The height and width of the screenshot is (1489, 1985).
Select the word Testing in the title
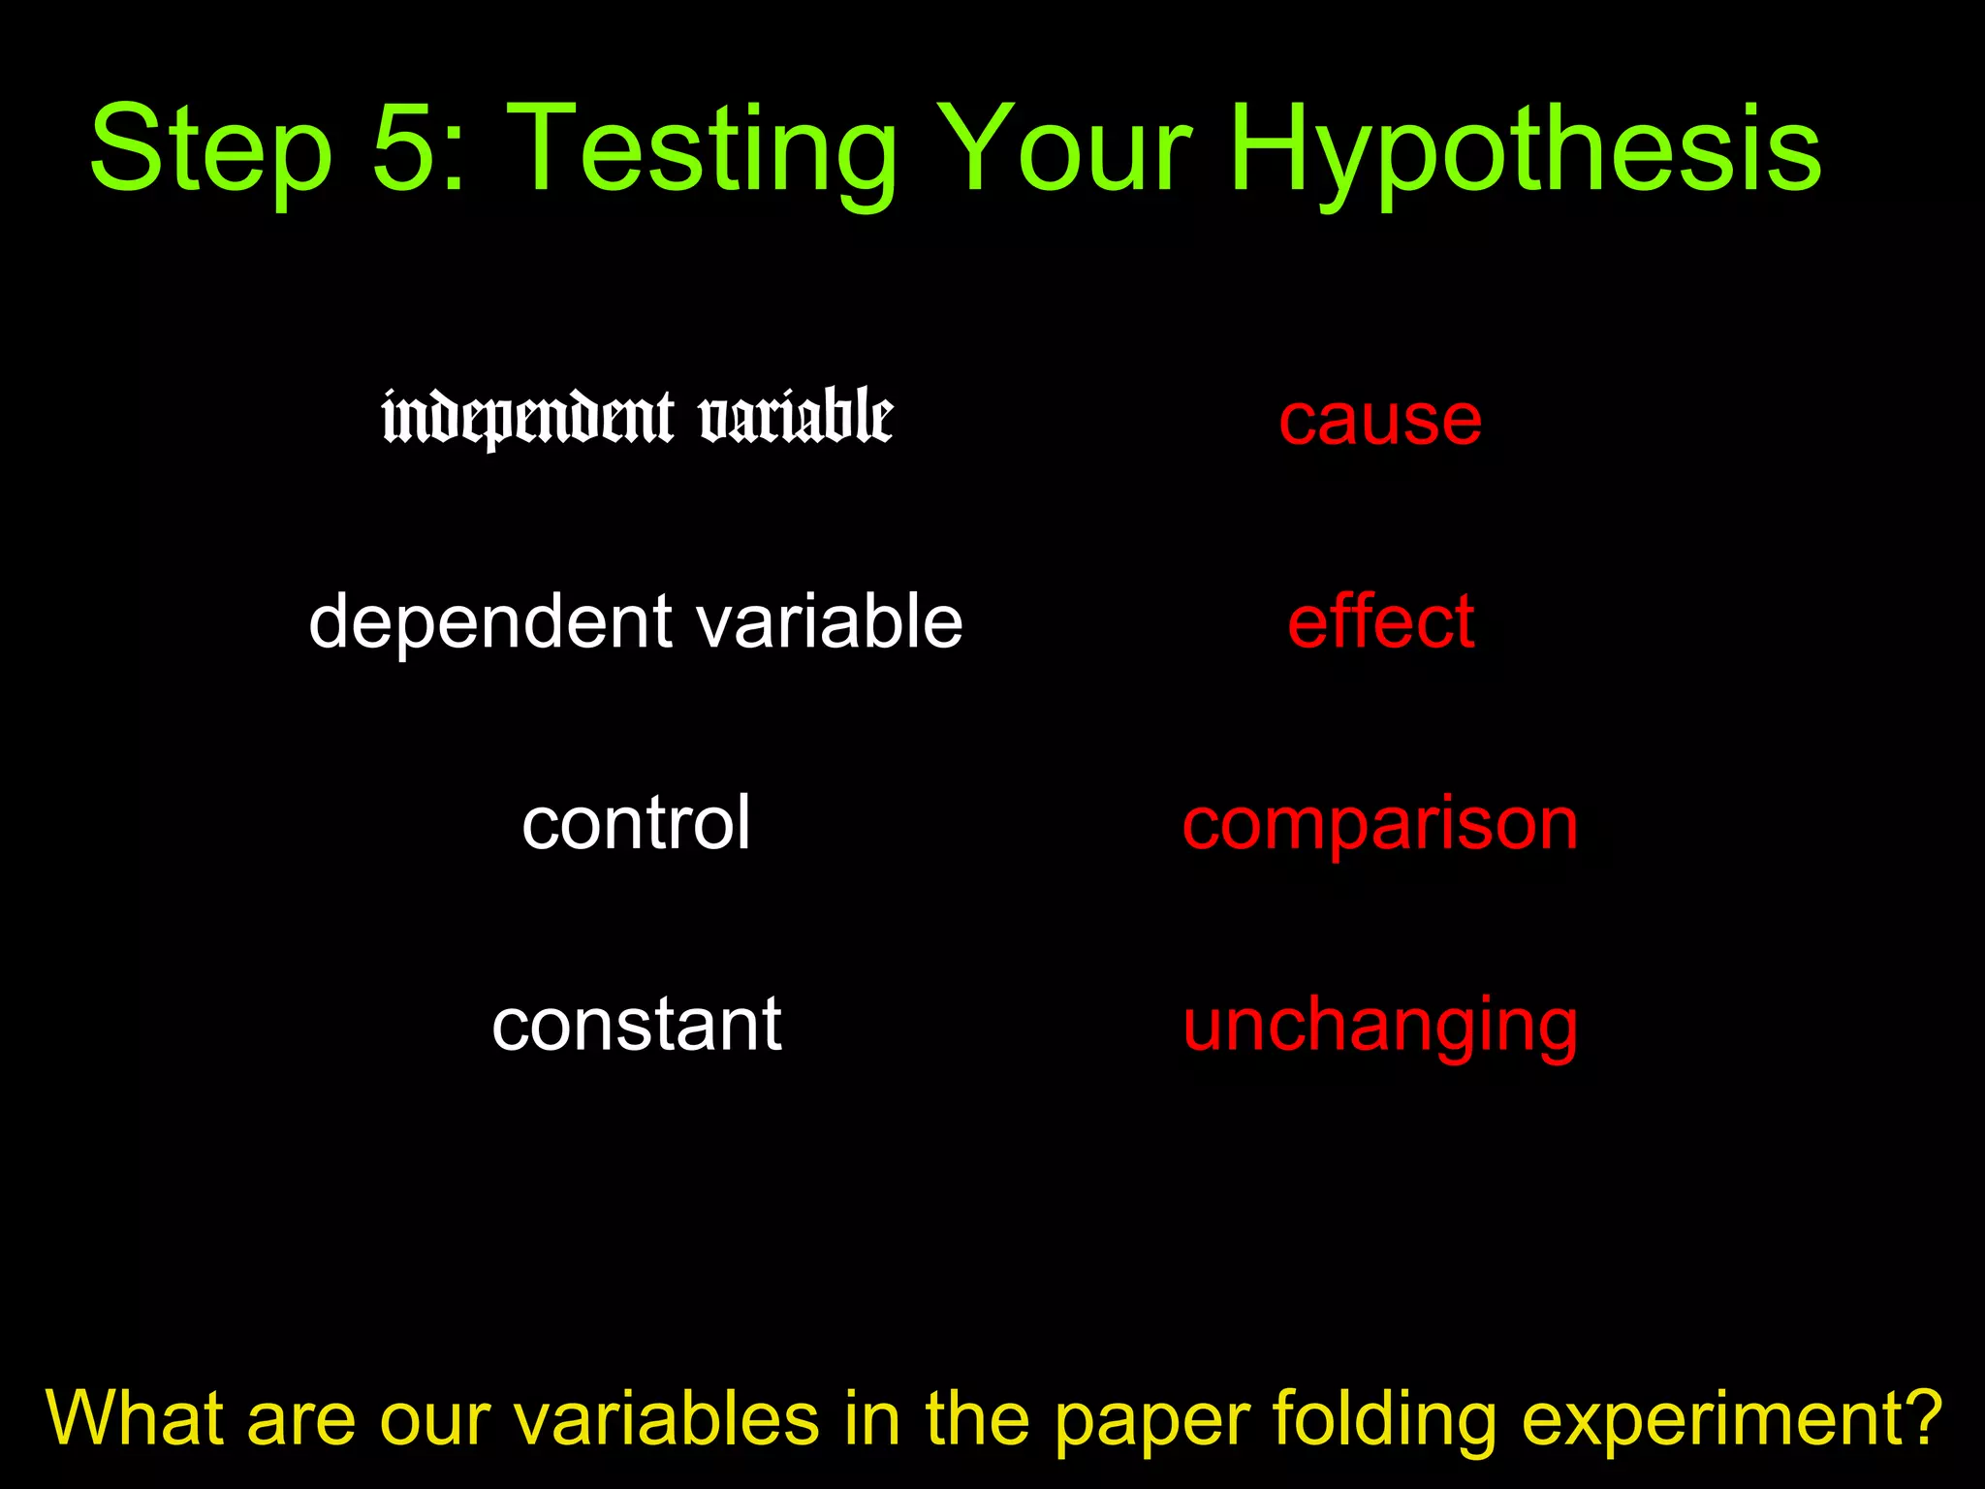[703, 150]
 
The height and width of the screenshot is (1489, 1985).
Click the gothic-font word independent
[527, 418]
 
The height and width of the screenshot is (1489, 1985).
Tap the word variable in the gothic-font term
[796, 416]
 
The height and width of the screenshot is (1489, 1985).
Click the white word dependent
[490, 621]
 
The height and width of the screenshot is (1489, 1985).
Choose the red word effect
[1380, 621]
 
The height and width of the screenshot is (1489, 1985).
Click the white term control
[636, 823]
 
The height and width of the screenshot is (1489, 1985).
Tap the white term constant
[636, 1024]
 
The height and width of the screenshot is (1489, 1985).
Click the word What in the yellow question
[135, 1418]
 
